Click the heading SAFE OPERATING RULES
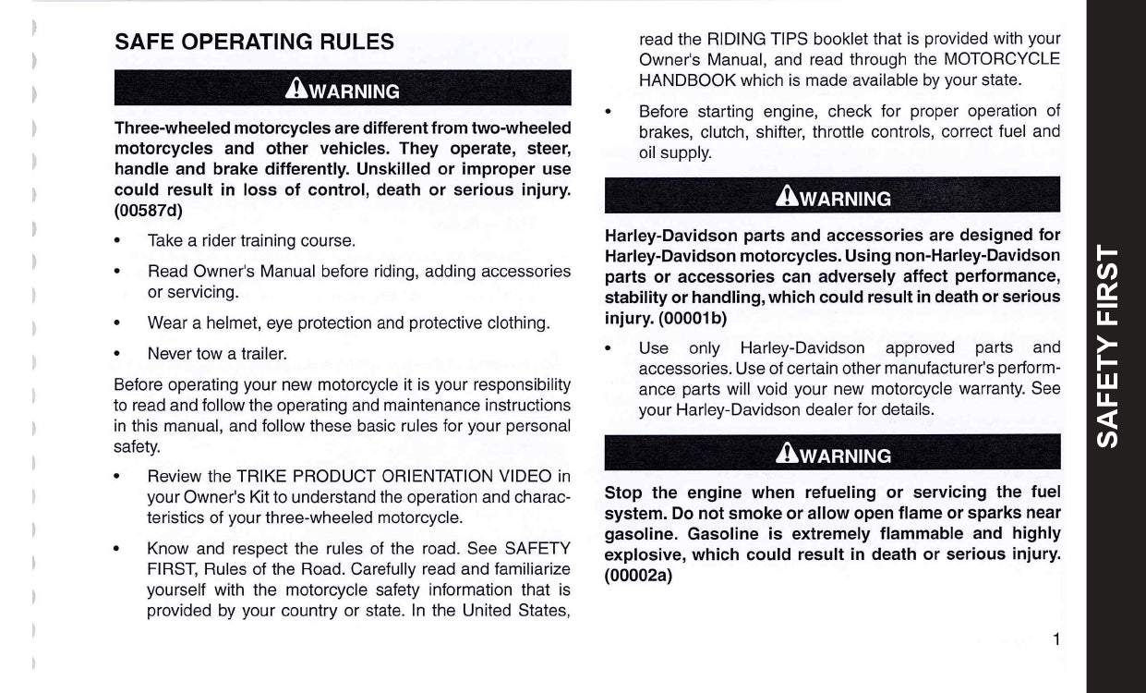tap(254, 42)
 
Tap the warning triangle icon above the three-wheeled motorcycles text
tap(297, 89)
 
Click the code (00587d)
tap(149, 210)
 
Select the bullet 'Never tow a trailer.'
tap(217, 353)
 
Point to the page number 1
tap(1055, 639)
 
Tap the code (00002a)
tap(639, 574)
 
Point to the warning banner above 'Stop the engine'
tap(832, 455)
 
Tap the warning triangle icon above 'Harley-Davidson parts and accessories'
tap(788, 196)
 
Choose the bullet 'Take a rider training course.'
tap(251, 241)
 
